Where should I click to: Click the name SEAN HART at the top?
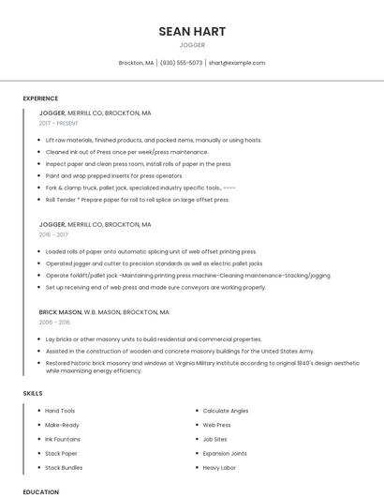tap(192, 31)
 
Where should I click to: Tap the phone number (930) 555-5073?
tap(181, 63)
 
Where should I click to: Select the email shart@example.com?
tap(236, 63)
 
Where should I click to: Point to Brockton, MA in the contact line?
tap(136, 63)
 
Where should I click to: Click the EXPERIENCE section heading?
tap(40, 98)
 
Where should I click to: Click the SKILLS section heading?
tap(33, 393)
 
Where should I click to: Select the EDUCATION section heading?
tap(40, 491)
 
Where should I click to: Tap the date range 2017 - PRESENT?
tap(59, 123)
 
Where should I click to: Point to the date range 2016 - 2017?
tap(54, 234)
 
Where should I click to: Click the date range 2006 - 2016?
tap(54, 322)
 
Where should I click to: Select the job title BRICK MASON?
tap(60, 311)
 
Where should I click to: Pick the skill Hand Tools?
tap(60, 411)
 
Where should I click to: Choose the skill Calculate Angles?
tap(226, 411)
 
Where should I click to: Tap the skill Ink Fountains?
tap(63, 439)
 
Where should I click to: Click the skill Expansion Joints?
tap(225, 453)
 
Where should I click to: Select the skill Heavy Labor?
tap(219, 467)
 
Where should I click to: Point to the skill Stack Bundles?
tap(64, 467)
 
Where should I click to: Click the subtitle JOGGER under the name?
tap(192, 44)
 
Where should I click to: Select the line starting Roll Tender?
tap(137, 199)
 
